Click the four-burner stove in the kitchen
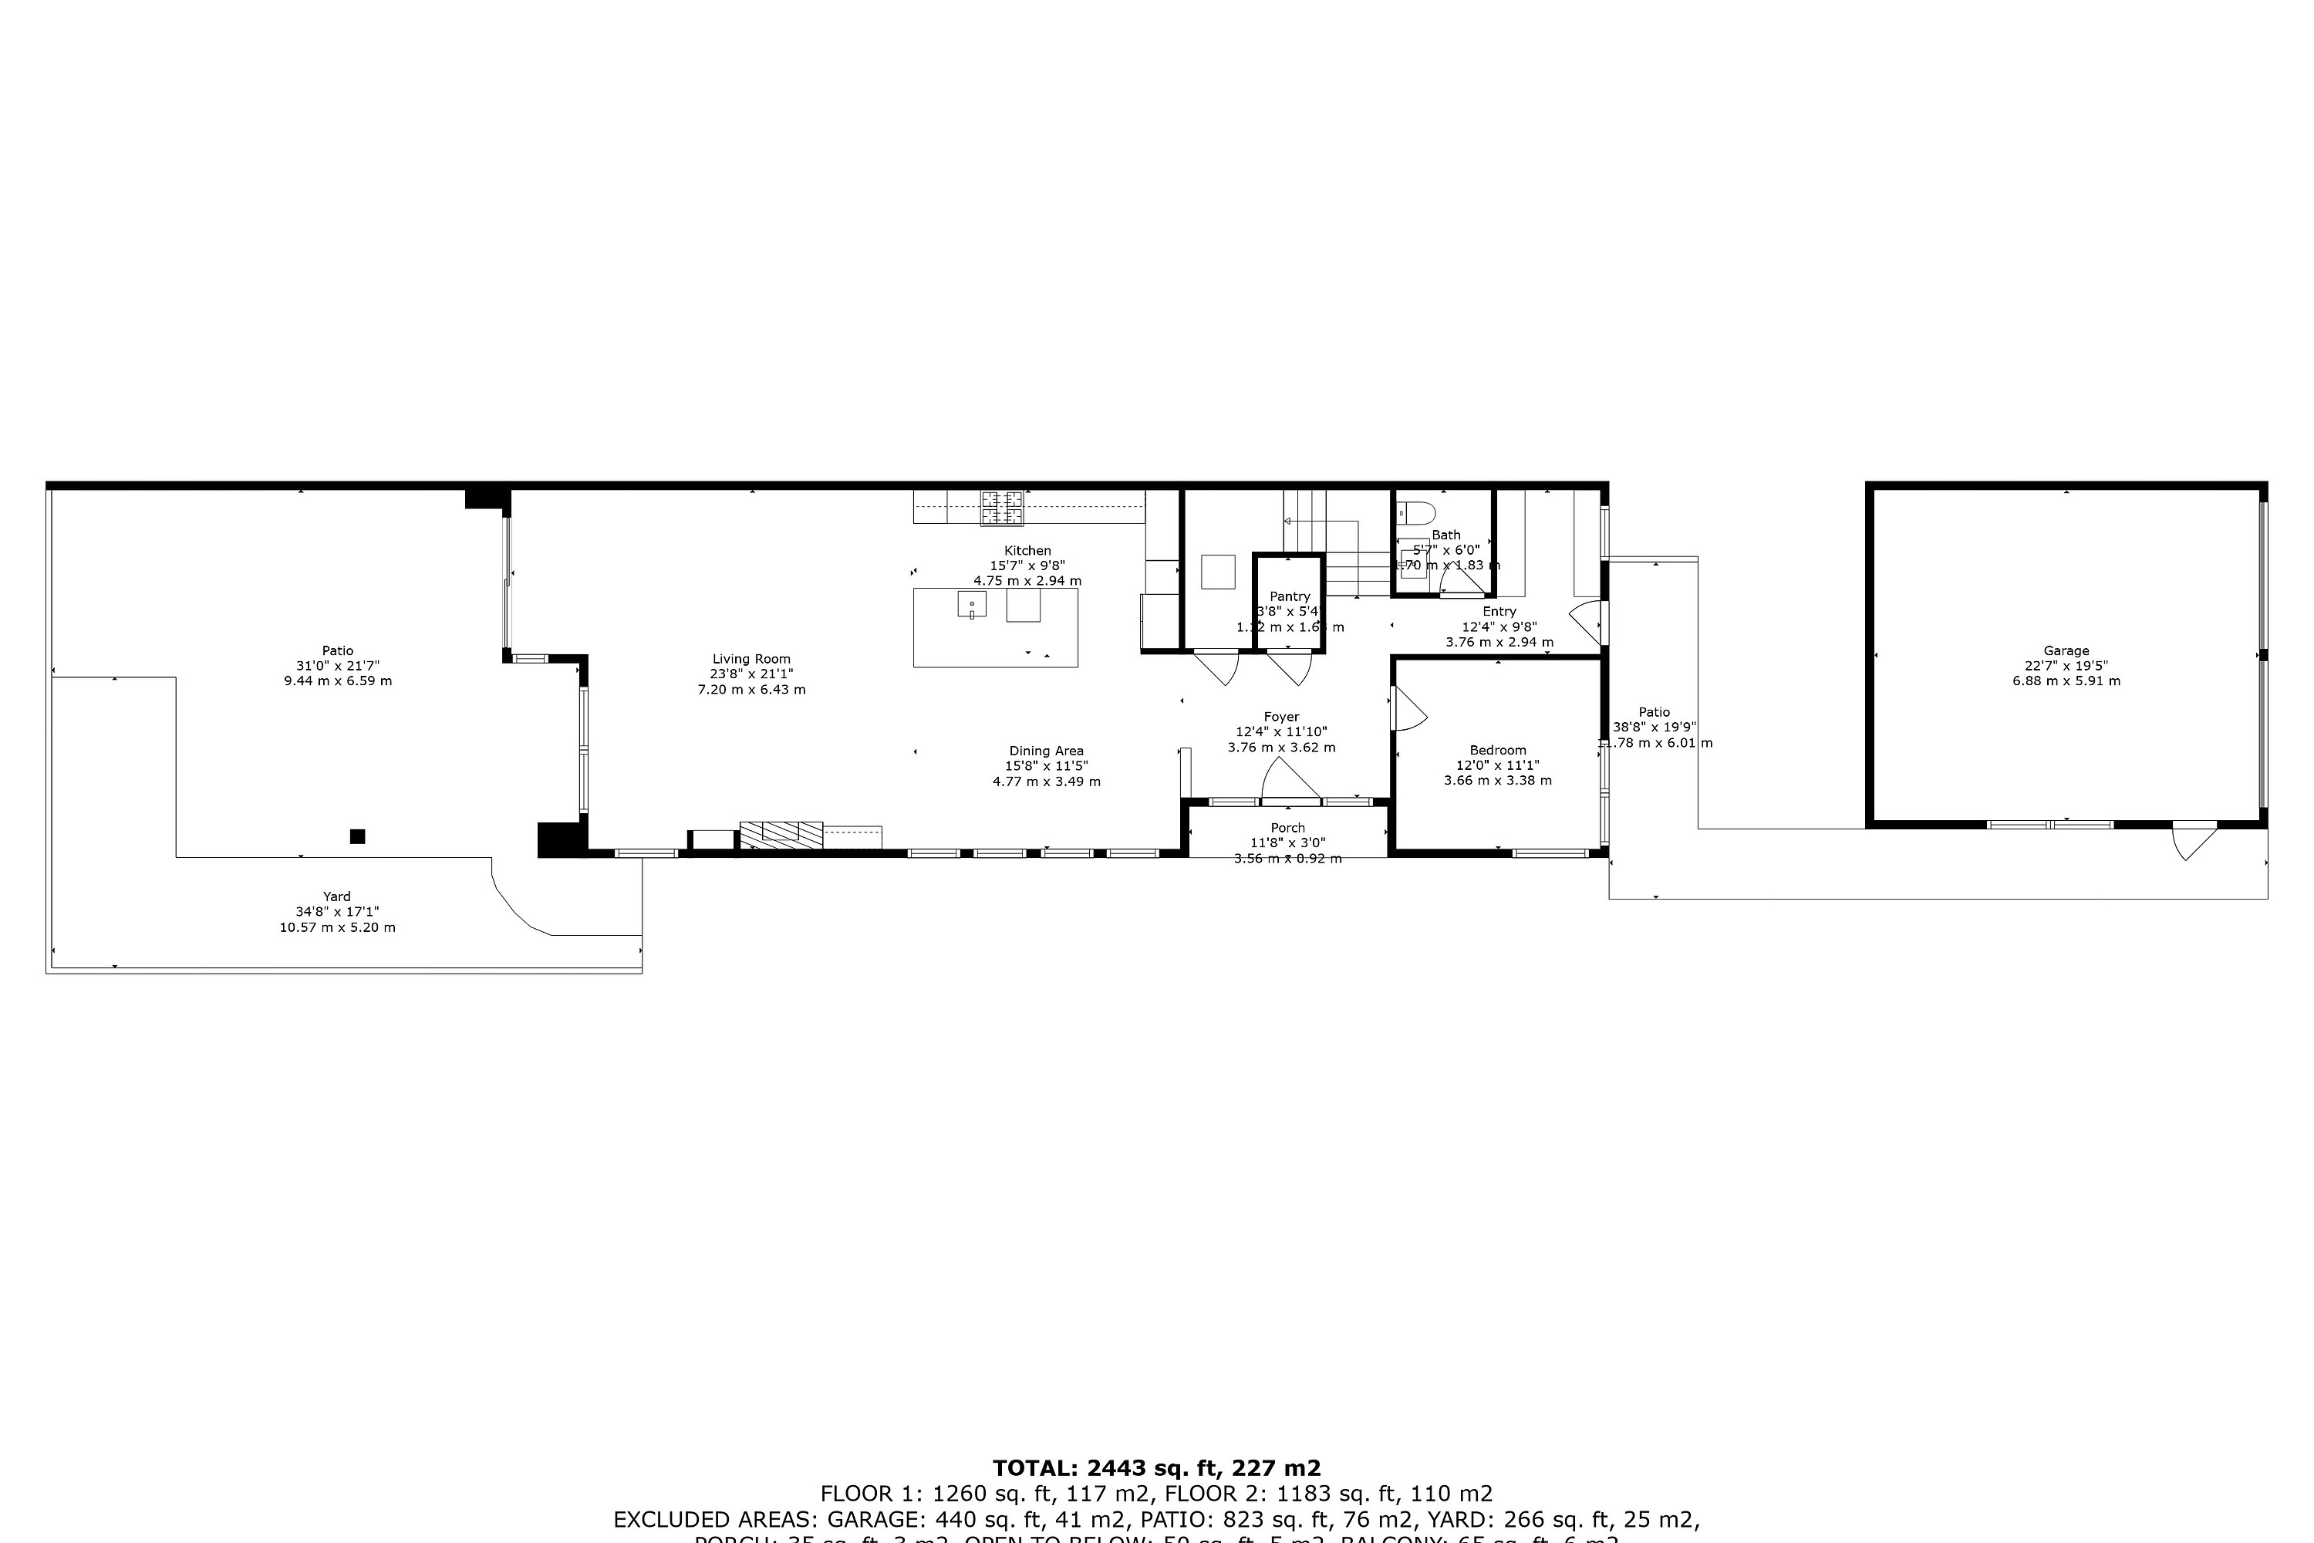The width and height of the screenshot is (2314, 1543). [1001, 508]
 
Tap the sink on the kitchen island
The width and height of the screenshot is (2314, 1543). [971, 604]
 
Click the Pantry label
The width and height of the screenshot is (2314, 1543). [1289, 596]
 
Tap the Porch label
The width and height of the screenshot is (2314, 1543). [1287, 828]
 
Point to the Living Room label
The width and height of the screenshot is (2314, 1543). [751, 660]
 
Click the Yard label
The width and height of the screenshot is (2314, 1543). [336, 896]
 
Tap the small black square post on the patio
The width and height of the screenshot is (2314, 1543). [357, 836]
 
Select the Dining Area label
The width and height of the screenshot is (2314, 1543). [1046, 751]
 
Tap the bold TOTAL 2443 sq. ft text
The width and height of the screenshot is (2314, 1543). [1156, 1468]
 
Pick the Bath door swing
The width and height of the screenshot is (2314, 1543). [1459, 585]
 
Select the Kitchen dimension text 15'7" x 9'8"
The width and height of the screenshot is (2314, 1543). [1027, 566]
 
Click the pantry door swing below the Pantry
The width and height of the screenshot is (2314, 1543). [1290, 669]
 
